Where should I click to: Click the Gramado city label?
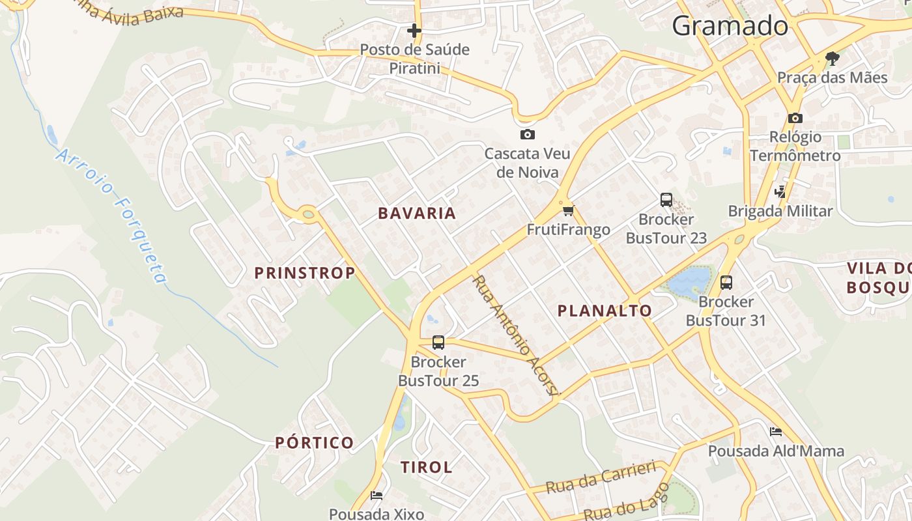[x=730, y=26]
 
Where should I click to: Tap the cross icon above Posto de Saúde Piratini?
[x=414, y=31]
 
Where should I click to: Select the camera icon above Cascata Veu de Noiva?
[x=528, y=135]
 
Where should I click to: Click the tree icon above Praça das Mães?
[x=832, y=59]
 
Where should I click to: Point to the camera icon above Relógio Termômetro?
[x=795, y=119]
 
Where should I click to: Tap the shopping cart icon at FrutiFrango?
[x=569, y=210]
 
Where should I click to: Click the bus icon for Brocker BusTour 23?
[x=666, y=200]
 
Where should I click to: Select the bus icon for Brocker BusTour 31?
[x=726, y=283]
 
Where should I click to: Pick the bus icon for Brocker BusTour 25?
[x=438, y=343]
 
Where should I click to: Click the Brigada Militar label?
[x=780, y=211]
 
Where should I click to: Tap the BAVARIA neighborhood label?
[x=417, y=213]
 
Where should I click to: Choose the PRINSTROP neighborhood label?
[x=305, y=273]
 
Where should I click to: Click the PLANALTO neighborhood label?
[x=605, y=311]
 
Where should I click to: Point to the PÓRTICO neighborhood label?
[x=315, y=443]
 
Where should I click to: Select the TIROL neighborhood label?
[x=426, y=467]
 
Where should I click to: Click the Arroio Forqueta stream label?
[x=112, y=215]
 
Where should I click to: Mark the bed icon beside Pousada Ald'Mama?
[x=775, y=432]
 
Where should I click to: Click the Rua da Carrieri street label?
[x=601, y=477]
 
